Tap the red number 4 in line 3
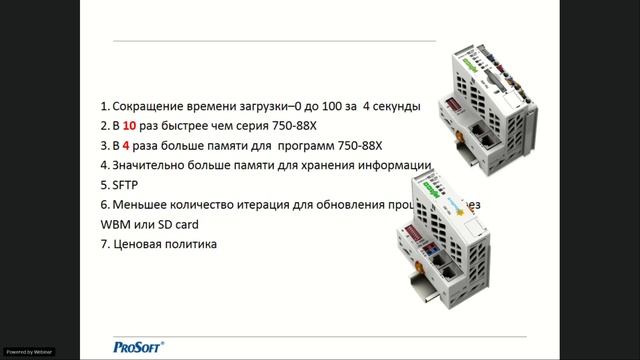coord(127,145)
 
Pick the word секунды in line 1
coord(397,106)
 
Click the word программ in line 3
coord(301,145)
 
